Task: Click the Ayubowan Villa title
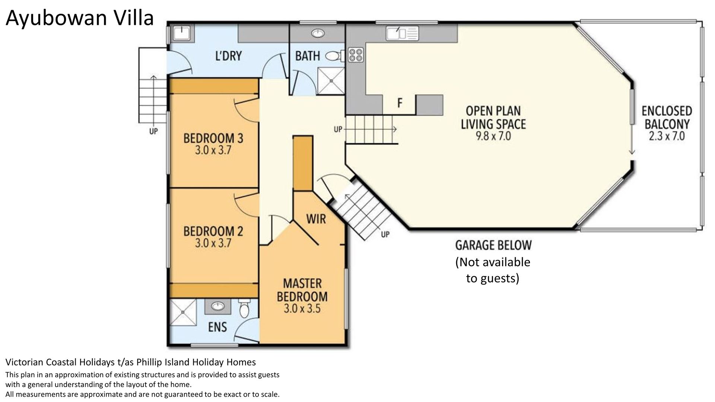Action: [80, 18]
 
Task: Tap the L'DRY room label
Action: [229, 56]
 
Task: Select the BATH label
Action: [308, 56]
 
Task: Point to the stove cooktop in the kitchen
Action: [356, 55]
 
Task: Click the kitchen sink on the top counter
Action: [403, 33]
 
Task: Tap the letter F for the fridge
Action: [400, 103]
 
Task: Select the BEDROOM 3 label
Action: [213, 138]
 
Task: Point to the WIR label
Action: [316, 218]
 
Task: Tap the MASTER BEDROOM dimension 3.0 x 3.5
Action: [302, 309]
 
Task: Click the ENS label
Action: [217, 327]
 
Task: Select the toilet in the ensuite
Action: [244, 309]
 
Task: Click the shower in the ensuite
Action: [183, 313]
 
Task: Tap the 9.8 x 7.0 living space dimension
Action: [493, 136]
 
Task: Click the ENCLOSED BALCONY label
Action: [667, 117]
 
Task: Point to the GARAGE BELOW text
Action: [493, 245]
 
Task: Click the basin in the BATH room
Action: [318, 34]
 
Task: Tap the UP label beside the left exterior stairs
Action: [153, 131]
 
